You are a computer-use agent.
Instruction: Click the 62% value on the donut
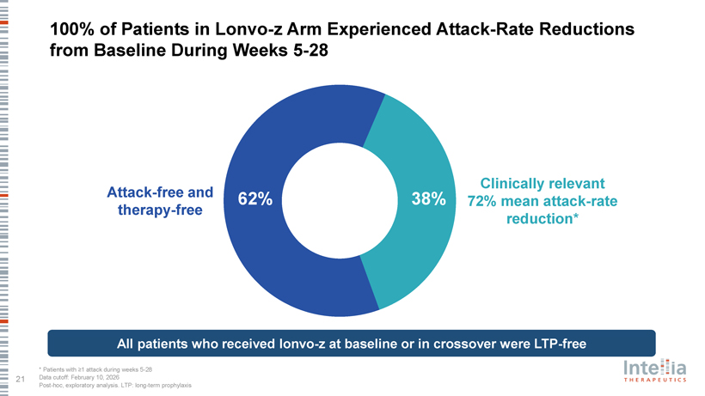coord(254,200)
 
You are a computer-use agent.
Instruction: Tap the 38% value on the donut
coord(428,200)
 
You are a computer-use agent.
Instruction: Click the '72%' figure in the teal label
coord(481,202)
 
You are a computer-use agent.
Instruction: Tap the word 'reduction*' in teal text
coord(542,220)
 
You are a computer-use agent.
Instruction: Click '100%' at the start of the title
coord(72,29)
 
